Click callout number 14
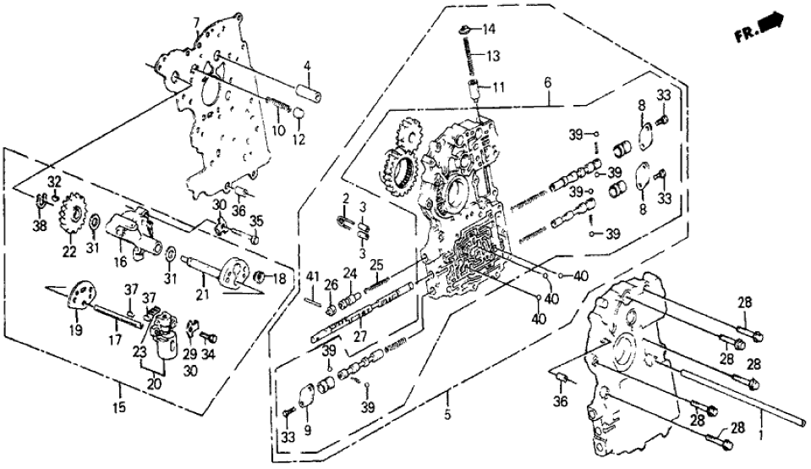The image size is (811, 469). click(488, 30)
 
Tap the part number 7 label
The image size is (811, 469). click(196, 21)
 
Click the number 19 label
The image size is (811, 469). click(75, 330)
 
